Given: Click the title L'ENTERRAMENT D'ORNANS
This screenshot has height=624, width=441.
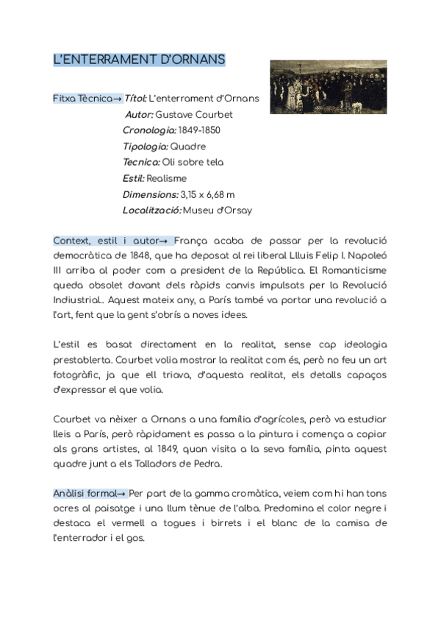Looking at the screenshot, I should pos(139,60).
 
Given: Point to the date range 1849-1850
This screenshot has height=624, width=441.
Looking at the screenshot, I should pos(199,130).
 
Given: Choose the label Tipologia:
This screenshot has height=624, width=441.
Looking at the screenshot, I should pos(145,146).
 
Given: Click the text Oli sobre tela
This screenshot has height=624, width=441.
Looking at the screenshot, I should pos(193,162).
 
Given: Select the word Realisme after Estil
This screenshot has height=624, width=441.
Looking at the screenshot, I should pos(167,178).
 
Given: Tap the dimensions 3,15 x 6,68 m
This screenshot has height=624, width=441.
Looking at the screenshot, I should pos(208,194).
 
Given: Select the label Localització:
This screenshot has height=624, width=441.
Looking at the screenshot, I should pos(151,210).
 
